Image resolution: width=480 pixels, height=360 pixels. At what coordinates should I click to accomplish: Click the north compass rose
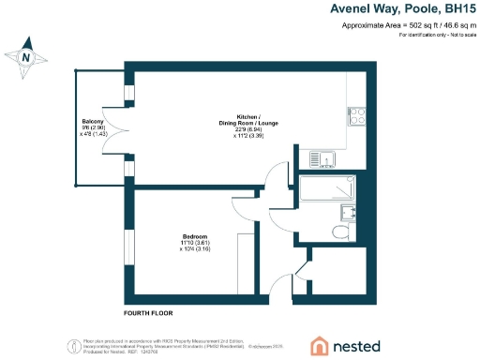[27, 56]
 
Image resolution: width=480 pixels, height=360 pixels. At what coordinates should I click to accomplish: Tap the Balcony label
[91, 122]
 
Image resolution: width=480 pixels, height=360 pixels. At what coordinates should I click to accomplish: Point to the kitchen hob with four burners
[357, 115]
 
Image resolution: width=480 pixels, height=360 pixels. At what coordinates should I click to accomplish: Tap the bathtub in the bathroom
[326, 190]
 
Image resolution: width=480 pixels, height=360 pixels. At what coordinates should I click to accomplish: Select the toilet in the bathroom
[344, 231]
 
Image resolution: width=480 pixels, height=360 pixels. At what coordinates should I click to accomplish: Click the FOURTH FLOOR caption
[148, 312]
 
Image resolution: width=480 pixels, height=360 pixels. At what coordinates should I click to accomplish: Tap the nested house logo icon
[320, 344]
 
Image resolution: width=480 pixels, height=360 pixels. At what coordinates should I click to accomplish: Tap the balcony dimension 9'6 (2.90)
[91, 128]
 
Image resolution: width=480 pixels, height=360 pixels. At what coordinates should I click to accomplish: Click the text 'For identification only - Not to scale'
[437, 36]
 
